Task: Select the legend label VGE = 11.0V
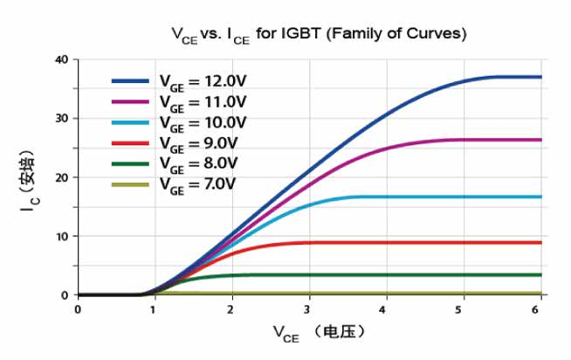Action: pos(203,101)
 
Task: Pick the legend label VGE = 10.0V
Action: pos(203,121)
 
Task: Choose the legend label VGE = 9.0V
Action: pos(199,142)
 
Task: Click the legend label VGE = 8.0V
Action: pos(199,163)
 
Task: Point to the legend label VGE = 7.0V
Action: pos(199,183)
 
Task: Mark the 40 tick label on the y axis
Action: pos(60,59)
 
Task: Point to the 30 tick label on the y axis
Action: pos(60,119)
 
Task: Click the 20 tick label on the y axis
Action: pos(60,177)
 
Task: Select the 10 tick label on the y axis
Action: pos(60,237)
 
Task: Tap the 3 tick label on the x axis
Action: pos(309,308)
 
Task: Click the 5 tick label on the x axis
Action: pos(464,308)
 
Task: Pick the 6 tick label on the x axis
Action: pos(540,308)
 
